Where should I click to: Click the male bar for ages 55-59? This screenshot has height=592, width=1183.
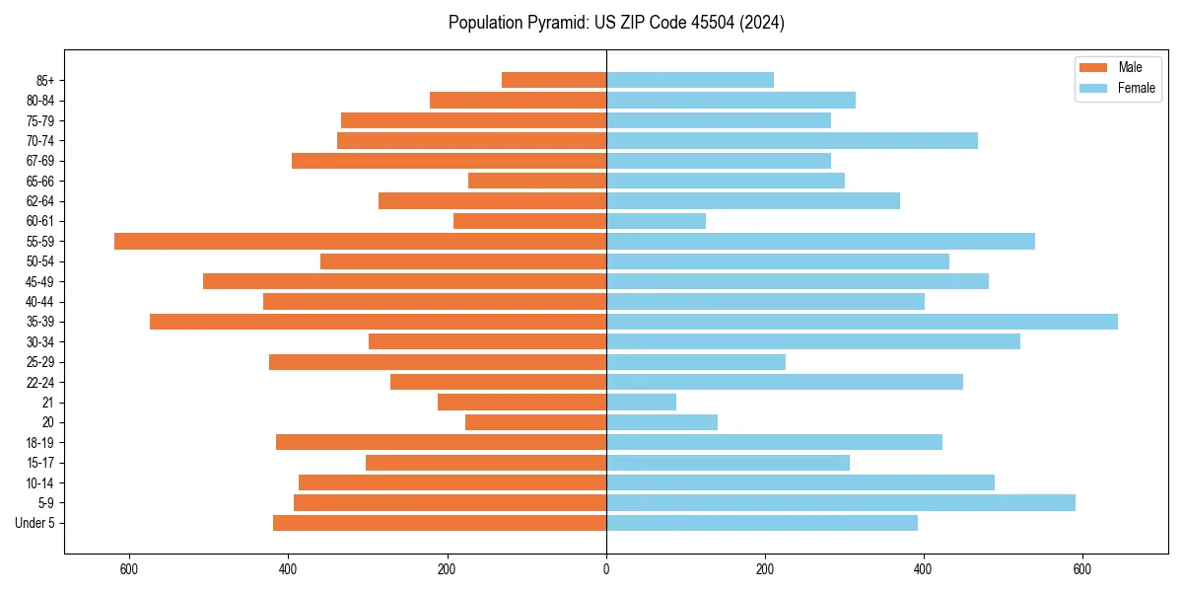[360, 241]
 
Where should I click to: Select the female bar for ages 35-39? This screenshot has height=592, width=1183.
[862, 322]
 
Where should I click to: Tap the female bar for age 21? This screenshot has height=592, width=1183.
[641, 402]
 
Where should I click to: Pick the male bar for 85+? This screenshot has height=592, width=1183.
[554, 80]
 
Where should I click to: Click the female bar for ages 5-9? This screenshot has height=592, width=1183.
[840, 502]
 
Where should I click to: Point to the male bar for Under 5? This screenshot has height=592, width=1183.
[440, 523]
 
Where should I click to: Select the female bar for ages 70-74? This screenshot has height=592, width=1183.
[792, 140]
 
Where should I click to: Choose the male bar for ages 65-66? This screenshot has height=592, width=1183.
[537, 181]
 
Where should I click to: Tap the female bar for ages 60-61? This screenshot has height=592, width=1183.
[656, 221]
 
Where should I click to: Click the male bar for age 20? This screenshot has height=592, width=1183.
[535, 422]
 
